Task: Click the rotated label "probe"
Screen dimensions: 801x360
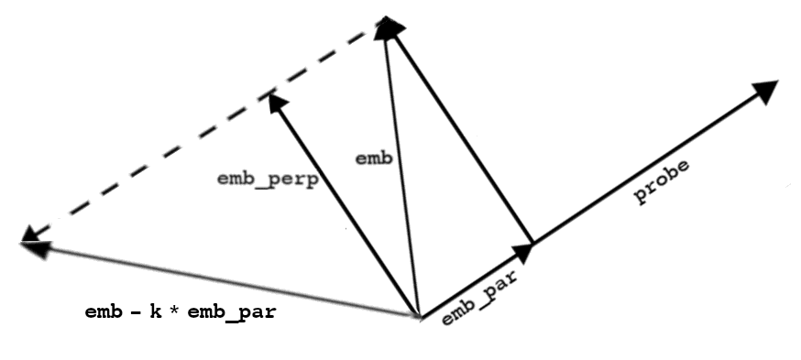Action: [x=662, y=181]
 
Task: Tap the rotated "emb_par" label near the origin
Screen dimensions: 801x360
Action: [x=478, y=297]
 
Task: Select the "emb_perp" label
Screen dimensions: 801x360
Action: [x=268, y=180]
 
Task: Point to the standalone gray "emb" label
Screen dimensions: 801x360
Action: [x=374, y=158]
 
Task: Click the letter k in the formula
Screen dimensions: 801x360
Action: [x=156, y=311]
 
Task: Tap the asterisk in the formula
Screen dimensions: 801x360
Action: [x=175, y=311]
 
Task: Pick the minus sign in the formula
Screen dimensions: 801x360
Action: [x=136, y=312]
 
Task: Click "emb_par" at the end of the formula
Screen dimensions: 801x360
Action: [x=232, y=312]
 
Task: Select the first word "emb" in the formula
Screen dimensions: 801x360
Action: [x=104, y=311]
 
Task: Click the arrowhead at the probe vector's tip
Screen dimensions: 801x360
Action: [x=765, y=91]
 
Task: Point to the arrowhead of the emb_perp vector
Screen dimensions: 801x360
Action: [x=277, y=102]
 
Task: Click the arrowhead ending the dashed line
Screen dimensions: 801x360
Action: [x=29, y=234]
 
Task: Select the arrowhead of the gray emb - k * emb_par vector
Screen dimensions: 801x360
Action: [x=35, y=248]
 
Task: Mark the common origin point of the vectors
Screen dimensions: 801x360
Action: [x=419, y=317]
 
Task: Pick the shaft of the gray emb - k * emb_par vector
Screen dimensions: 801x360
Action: [x=220, y=279]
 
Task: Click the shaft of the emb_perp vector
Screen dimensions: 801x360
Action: [x=347, y=208]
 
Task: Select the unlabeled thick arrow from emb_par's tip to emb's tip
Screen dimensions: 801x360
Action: [x=462, y=136]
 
